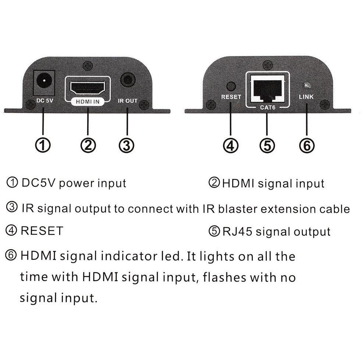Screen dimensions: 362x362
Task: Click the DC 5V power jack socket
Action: point(44,83)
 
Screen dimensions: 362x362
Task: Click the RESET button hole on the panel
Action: point(231,86)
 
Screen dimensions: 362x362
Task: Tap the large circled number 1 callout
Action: point(43,145)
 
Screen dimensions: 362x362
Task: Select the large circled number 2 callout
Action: point(88,145)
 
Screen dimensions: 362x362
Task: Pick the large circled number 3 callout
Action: point(126,146)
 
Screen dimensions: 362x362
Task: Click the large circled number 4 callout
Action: point(231,146)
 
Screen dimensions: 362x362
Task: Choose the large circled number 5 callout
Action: point(267,146)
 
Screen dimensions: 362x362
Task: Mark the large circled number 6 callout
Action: point(307,146)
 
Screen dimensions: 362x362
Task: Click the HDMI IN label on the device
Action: point(87,101)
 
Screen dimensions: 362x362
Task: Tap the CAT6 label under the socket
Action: point(268,107)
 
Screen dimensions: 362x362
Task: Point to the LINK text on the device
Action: point(306,97)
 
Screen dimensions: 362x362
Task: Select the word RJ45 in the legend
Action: point(237,232)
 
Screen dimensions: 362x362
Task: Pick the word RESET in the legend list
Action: point(42,231)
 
